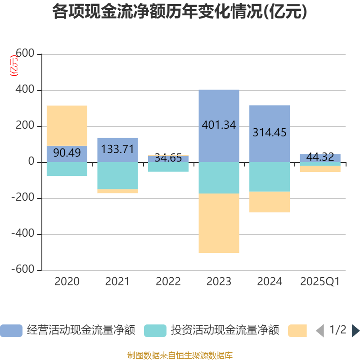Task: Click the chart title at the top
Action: [180, 12]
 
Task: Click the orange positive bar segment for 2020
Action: [67, 125]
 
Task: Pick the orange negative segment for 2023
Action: [219, 223]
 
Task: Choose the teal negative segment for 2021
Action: [117, 175]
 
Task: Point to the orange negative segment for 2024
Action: [270, 202]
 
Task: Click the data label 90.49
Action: [67, 153]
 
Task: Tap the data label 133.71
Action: [117, 149]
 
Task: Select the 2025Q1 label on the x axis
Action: [320, 282]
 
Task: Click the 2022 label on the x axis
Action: [168, 282]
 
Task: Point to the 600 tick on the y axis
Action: [25, 54]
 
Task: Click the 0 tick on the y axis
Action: [31, 162]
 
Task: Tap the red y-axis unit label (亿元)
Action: [14, 66]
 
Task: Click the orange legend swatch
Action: [297, 330]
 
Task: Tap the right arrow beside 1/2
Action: [355, 331]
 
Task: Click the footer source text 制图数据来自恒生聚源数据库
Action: [180, 355]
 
